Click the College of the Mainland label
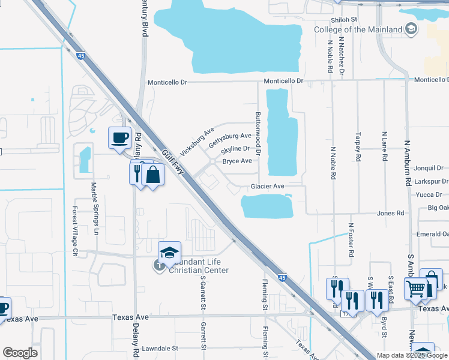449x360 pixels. coord(358,29)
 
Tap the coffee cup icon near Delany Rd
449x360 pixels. coord(119,137)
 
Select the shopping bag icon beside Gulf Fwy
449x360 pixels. coord(154,175)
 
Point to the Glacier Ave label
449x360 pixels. coord(268,187)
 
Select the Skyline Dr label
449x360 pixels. coord(235,149)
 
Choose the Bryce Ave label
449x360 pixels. coord(237,161)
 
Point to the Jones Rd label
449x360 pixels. coord(391,213)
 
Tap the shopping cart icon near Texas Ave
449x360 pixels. coord(415,289)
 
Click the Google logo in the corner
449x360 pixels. coord(20,353)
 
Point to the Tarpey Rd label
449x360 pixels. coord(358,147)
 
